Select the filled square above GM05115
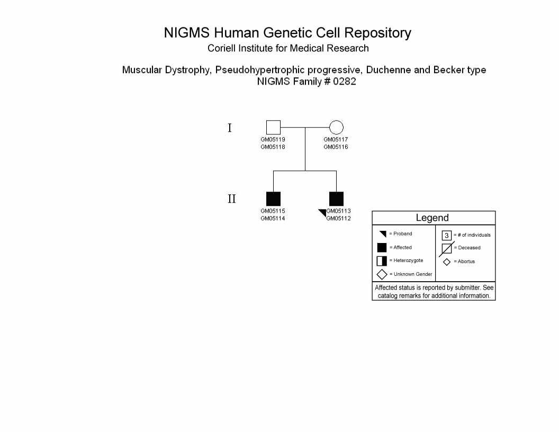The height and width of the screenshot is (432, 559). coord(274,199)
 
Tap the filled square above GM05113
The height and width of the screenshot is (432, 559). coord(336,199)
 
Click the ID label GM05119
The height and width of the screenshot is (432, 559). coord(273,139)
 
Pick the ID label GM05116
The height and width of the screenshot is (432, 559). coord(336,147)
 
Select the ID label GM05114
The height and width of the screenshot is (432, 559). coord(273,219)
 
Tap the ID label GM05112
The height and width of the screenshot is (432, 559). coord(338,219)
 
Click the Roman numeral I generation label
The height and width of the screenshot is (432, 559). coord(230,128)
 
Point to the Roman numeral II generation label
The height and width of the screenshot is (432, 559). coord(232,199)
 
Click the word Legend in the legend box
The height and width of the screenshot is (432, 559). coord(432,218)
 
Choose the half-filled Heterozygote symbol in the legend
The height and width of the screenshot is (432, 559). coord(382,261)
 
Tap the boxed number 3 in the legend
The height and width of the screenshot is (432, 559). coord(447,235)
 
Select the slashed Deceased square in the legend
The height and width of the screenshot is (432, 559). coord(447,248)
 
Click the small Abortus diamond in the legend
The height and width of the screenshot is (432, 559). coord(447,262)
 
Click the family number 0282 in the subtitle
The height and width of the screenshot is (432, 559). coord(345,82)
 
